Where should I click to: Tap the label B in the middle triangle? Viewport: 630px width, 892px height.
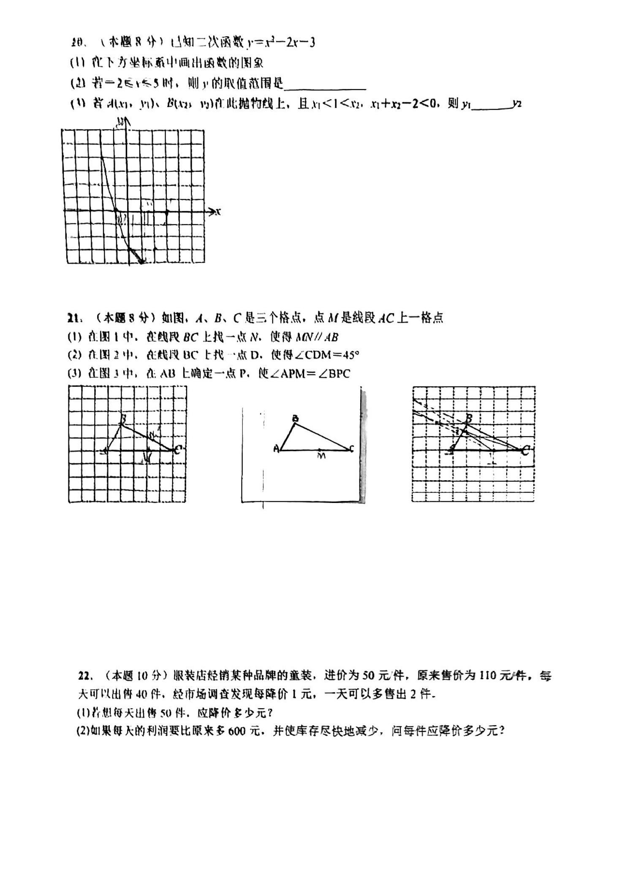point(296,419)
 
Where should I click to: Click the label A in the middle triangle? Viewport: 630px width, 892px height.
point(276,449)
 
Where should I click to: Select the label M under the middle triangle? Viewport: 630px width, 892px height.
point(321,456)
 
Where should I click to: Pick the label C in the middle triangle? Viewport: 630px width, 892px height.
point(352,449)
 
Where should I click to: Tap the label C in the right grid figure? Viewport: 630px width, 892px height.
point(526,451)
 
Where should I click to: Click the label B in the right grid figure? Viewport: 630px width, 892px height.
point(468,419)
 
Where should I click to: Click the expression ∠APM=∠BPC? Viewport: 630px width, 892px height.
point(310,374)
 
